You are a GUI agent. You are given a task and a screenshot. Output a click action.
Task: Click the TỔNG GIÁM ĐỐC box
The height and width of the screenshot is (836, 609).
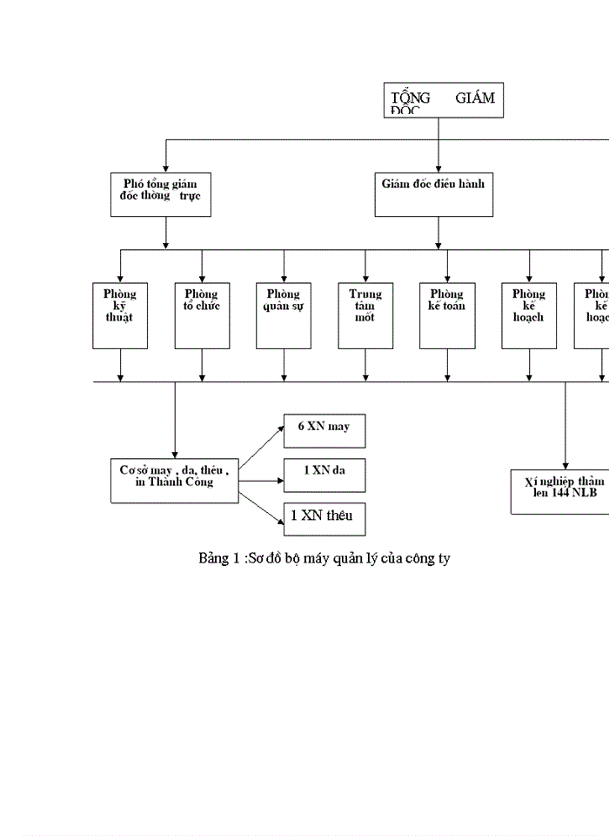point(444,100)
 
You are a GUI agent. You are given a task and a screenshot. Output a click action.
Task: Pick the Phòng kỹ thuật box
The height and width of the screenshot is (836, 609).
point(120,314)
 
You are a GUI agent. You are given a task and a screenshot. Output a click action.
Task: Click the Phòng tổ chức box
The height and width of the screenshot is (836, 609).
point(201,314)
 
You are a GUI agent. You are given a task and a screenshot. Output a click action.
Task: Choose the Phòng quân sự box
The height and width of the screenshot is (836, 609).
point(283,314)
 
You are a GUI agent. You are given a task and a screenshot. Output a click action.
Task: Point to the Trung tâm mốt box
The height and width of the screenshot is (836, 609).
point(365,314)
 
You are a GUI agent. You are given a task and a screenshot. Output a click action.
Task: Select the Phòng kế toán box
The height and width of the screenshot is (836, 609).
point(447,314)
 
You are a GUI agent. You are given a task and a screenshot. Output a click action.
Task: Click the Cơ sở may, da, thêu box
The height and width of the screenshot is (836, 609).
point(174,480)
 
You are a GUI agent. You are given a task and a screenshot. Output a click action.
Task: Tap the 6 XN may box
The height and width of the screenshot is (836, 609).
point(324,431)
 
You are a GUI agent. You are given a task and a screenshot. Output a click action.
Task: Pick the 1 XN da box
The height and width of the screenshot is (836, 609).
point(324,475)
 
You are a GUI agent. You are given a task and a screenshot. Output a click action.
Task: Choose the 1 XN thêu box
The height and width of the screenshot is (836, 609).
point(324,518)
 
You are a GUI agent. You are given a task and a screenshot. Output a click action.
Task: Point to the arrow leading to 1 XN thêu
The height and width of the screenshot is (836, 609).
point(261,508)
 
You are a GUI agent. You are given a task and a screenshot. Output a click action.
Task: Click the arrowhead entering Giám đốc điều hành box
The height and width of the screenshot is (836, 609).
point(438,168)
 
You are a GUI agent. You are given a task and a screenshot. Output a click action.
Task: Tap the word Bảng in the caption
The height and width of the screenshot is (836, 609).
point(214,558)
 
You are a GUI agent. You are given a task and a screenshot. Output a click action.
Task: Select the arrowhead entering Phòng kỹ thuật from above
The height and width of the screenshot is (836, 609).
point(120,277)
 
